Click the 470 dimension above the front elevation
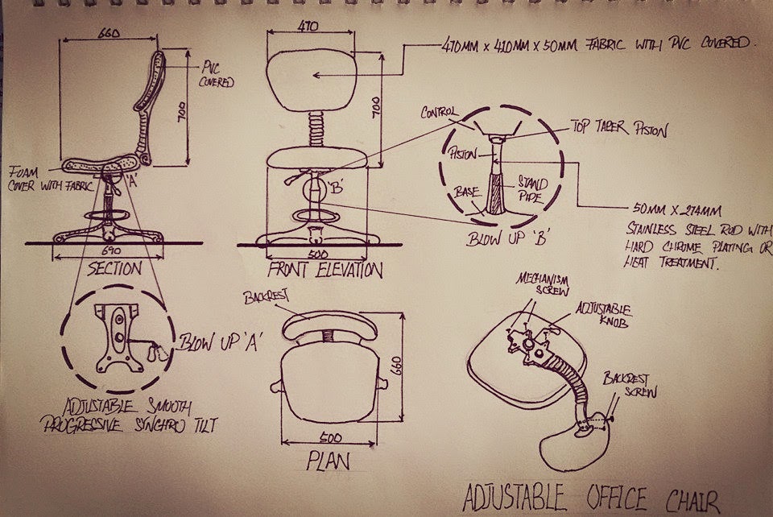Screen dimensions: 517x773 pos(308,27)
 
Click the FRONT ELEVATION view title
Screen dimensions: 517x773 pos(315,270)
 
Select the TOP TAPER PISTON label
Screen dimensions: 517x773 pos(618,127)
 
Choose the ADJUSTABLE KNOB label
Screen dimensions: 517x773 pos(603,314)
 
